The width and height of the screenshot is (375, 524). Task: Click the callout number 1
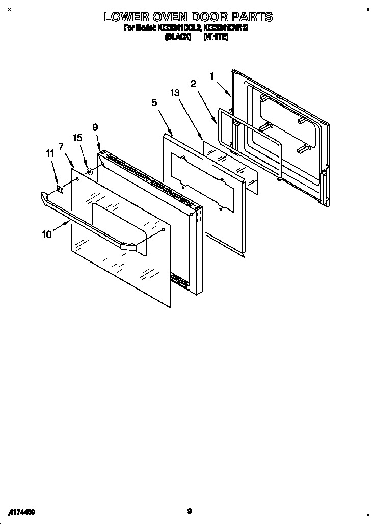211,76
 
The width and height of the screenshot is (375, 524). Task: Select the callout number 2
194,84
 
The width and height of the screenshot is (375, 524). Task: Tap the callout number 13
175,93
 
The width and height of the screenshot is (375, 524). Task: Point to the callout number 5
154,102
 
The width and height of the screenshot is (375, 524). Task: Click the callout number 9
95,128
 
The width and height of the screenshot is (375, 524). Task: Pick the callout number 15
77,137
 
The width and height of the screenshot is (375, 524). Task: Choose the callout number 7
61,147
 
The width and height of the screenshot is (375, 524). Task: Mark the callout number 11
49,152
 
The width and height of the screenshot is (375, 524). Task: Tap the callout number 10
47,234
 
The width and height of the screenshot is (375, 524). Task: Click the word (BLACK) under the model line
178,37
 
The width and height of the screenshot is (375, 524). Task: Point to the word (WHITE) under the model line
216,37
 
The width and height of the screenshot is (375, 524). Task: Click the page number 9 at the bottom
189,511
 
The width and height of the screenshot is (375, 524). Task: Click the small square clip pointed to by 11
60,189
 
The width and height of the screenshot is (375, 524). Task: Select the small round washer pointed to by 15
90,171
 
